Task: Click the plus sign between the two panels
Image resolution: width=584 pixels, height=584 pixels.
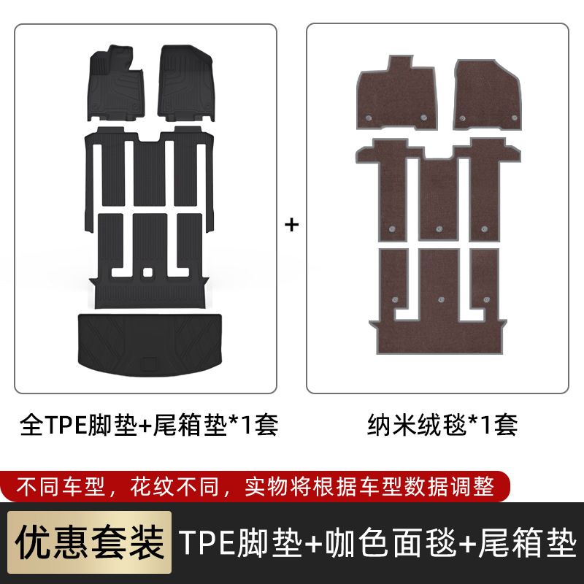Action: (x=291, y=225)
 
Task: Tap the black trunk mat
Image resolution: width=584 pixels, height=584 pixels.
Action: (x=150, y=345)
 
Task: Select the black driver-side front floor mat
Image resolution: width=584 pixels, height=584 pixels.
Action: (x=116, y=83)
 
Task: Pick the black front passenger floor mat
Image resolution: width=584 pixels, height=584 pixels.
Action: (x=186, y=83)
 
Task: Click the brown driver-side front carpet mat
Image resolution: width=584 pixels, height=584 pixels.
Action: (x=396, y=93)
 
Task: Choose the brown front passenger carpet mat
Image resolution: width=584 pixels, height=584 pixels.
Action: (x=487, y=95)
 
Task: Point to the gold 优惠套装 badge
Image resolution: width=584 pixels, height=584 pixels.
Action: (x=89, y=542)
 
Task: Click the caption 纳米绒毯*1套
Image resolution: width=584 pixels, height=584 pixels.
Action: (x=442, y=425)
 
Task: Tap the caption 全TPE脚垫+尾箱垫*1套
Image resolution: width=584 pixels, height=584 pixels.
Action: (x=149, y=425)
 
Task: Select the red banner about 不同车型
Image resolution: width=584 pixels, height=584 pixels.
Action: (x=255, y=486)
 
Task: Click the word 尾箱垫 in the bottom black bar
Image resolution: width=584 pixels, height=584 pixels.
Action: (x=527, y=542)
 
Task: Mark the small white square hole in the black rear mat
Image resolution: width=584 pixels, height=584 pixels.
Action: (x=148, y=272)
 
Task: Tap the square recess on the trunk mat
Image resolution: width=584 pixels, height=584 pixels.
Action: (x=149, y=364)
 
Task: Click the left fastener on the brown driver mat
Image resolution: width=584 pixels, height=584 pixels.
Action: (x=369, y=118)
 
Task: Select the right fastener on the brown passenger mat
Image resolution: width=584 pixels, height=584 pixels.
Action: (x=515, y=118)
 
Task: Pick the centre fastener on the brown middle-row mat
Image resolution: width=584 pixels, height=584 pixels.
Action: (x=439, y=229)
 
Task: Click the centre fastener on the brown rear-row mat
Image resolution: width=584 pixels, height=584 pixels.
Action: (x=442, y=299)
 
